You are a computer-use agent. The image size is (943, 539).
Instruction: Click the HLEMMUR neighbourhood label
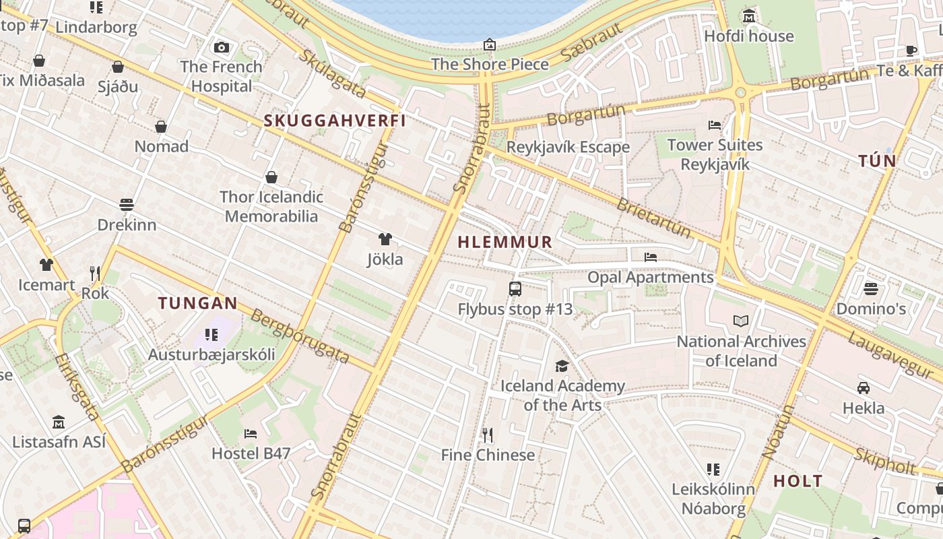(505, 242)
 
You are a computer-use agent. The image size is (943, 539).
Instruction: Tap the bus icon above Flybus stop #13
(515, 289)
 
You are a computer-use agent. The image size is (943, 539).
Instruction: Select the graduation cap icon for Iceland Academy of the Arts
(562, 366)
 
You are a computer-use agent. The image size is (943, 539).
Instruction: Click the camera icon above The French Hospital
(221, 47)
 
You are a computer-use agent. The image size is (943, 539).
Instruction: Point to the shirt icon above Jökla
(385, 239)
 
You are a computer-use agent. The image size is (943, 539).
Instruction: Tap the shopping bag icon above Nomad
(161, 126)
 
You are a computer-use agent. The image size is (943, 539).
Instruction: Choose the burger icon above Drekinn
(127, 204)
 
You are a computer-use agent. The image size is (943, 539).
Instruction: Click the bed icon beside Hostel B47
(251, 433)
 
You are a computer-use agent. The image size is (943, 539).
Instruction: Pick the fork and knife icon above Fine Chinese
(488, 435)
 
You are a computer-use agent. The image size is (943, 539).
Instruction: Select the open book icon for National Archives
(741, 321)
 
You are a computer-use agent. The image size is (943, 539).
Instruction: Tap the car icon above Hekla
(864, 387)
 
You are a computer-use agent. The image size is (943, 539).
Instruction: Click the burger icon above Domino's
(871, 289)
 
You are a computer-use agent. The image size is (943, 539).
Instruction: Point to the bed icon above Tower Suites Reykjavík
(715, 125)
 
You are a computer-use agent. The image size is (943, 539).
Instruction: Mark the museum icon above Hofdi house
(748, 15)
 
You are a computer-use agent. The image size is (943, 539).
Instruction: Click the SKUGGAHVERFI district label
(335, 121)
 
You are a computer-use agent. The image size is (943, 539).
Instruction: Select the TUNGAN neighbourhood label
(198, 303)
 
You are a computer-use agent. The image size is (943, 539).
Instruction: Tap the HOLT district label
(798, 481)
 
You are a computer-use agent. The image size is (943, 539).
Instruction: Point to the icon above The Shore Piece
(490, 44)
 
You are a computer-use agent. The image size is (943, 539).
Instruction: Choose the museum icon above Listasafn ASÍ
(59, 422)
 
